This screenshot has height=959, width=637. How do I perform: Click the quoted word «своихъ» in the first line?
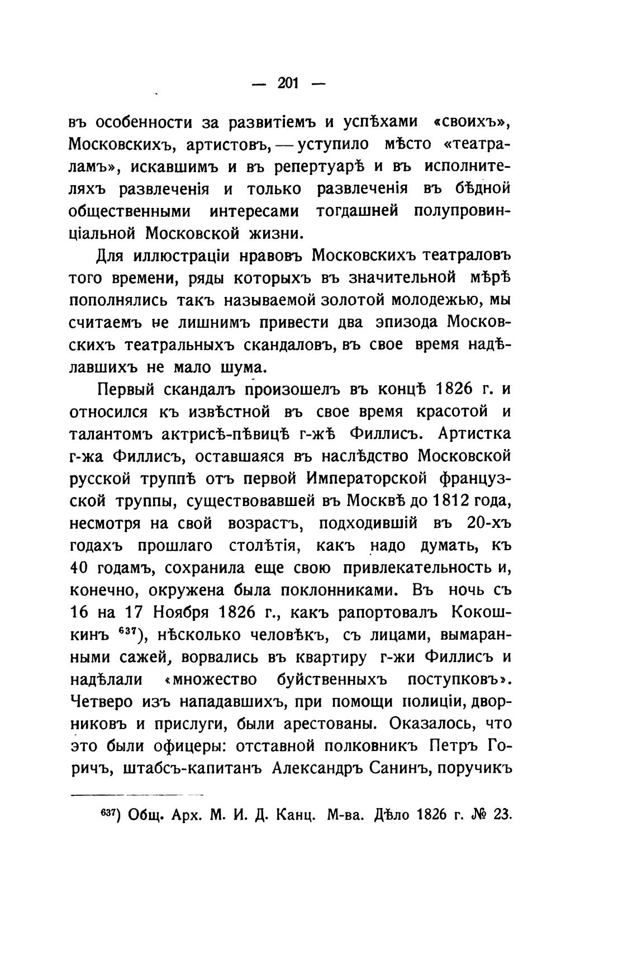472,122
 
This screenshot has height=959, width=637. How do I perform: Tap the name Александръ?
317,769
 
